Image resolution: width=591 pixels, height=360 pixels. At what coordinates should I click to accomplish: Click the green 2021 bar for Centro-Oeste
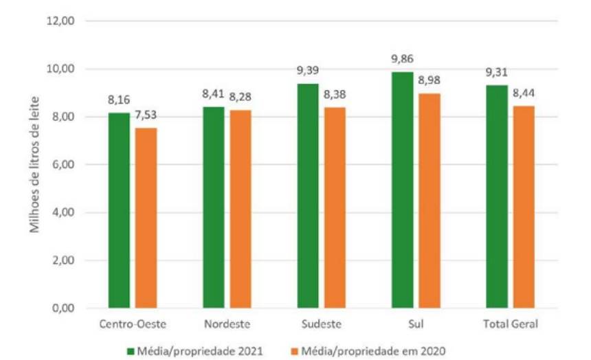coord(119,210)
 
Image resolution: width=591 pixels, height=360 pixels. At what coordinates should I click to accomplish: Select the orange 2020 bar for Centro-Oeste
coord(146,218)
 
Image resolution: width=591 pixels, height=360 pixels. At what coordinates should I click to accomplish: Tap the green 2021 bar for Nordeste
coord(214,207)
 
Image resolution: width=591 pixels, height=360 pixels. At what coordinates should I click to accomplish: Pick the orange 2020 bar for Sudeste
coord(335,207)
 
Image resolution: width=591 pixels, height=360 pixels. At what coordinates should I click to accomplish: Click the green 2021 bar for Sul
coord(403,190)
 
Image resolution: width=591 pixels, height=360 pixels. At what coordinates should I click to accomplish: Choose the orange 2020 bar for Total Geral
coord(524,207)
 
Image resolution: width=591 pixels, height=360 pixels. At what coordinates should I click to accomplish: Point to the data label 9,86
coord(403,59)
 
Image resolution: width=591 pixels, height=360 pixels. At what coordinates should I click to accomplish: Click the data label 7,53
coord(146,115)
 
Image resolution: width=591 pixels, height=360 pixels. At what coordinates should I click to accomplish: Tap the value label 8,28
coord(241,97)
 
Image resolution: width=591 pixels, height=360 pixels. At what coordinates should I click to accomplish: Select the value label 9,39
coord(308,71)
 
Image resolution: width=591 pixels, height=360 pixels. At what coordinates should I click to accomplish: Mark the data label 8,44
coord(524,93)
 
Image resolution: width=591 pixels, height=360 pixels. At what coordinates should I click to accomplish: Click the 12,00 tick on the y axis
coord(60,21)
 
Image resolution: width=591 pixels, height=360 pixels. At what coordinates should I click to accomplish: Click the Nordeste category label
coord(227,324)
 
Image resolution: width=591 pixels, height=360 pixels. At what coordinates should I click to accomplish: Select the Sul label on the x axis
coord(416,324)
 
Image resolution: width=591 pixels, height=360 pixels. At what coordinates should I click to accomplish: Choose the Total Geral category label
coord(511,324)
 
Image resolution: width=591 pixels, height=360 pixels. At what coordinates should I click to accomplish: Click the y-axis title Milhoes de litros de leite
coord(34,165)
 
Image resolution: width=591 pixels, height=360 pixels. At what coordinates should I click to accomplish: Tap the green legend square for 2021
coord(131,352)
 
